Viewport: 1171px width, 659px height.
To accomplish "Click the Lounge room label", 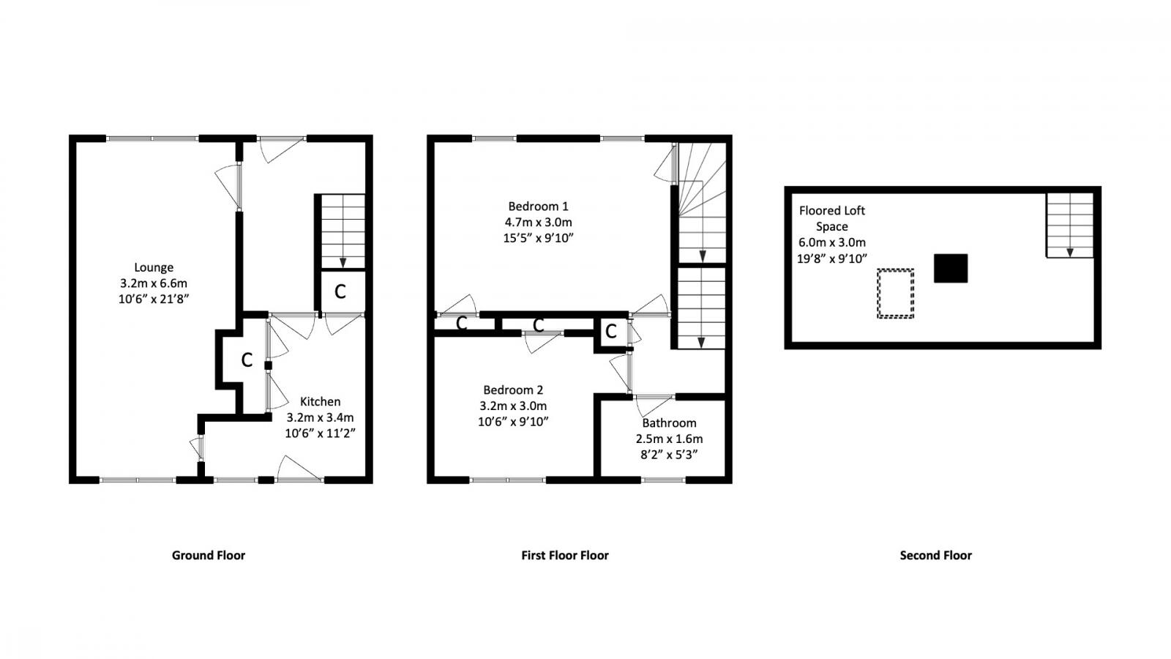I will [x=154, y=267].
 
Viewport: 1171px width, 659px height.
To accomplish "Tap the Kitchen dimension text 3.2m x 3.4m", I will [x=320, y=417].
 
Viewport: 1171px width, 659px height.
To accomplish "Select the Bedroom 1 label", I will [x=538, y=206].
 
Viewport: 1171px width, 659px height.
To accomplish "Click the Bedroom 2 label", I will [x=513, y=390].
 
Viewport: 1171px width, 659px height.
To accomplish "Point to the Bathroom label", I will [x=669, y=423].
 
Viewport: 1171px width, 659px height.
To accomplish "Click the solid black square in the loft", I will [x=950, y=268].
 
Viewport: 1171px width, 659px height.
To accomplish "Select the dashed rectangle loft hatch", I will [x=896, y=294].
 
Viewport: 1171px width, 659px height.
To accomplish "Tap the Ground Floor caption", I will [x=209, y=555].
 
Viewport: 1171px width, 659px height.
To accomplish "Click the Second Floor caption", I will [x=935, y=555].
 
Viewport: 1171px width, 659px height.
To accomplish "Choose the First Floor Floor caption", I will [x=564, y=555].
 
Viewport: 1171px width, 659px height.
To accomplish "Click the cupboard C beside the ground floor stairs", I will [x=340, y=291].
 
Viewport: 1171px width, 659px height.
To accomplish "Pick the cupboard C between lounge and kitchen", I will [x=247, y=360].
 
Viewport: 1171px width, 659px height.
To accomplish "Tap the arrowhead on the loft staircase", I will [x=1069, y=252].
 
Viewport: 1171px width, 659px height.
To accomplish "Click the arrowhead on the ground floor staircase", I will [x=343, y=264].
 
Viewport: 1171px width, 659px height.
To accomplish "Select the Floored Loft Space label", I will [x=831, y=218].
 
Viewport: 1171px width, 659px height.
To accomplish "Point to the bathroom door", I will [x=654, y=403].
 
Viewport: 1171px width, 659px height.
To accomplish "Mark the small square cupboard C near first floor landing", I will [x=611, y=332].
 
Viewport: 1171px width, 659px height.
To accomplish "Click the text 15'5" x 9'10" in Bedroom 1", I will [x=538, y=238].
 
